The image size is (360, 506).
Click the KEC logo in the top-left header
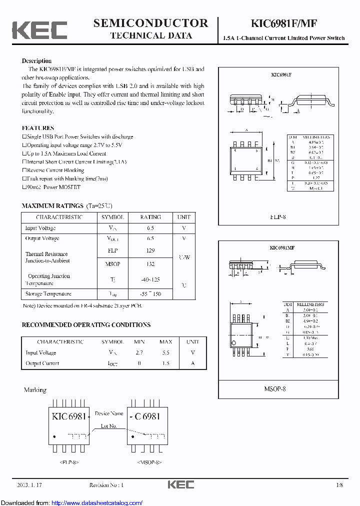click(39, 29)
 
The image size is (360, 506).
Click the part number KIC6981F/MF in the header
click(283, 23)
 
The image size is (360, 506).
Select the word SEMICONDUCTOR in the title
click(150, 23)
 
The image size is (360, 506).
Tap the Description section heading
click(36, 60)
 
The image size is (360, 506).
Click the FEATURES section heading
click(38, 128)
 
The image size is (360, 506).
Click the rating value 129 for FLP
click(150, 250)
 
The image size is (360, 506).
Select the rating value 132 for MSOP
click(150, 264)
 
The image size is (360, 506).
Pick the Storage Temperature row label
click(48, 294)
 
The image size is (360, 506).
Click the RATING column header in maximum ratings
click(150, 217)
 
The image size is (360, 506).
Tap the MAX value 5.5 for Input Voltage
click(165, 352)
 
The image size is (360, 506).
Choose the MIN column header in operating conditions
click(139, 341)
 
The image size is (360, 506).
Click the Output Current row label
click(42, 363)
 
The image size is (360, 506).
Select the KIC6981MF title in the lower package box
click(282, 247)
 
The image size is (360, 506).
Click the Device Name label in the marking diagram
click(109, 413)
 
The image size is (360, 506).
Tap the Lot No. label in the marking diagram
click(109, 426)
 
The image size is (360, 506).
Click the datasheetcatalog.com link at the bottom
click(97, 502)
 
